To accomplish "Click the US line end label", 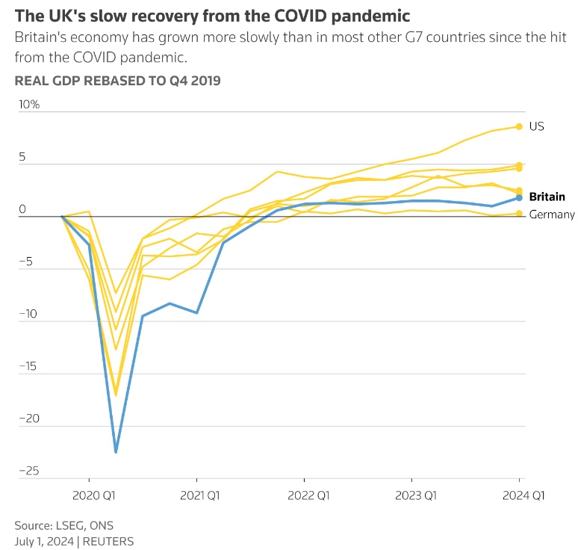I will click(536, 126).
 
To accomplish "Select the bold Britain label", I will click(547, 197).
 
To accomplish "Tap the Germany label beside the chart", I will click(551, 215).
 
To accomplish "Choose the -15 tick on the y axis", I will click(28, 366).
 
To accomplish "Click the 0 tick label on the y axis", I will click(22, 209).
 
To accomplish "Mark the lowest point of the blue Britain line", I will click(116, 452).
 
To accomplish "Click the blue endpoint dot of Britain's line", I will click(519, 197).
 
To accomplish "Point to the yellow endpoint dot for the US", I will click(519, 126).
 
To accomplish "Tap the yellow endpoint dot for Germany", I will click(519, 214).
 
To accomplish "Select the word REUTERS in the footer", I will click(109, 540).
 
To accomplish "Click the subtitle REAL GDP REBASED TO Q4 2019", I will click(117, 81).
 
